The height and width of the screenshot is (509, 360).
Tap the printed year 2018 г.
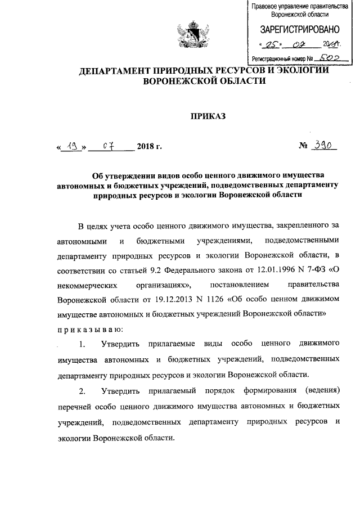click(x=149, y=147)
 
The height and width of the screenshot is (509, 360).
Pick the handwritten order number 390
click(x=325, y=146)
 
